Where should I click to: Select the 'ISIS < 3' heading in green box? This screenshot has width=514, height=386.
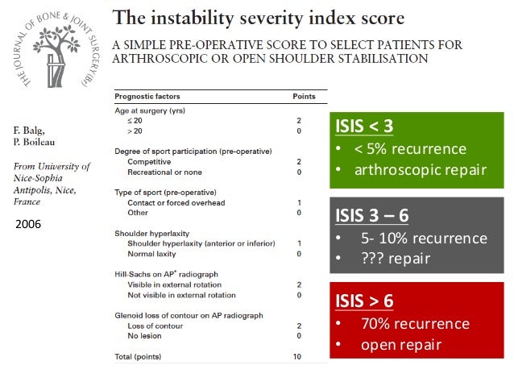(364, 127)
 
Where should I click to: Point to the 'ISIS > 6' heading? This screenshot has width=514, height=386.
(364, 301)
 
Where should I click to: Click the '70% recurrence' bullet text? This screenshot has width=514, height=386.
(414, 323)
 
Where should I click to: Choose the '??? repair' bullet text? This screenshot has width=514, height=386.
(395, 259)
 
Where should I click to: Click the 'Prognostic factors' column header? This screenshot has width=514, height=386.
(148, 97)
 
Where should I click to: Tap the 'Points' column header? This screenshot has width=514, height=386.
(304, 97)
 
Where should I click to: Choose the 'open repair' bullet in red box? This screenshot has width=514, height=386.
(396, 344)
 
